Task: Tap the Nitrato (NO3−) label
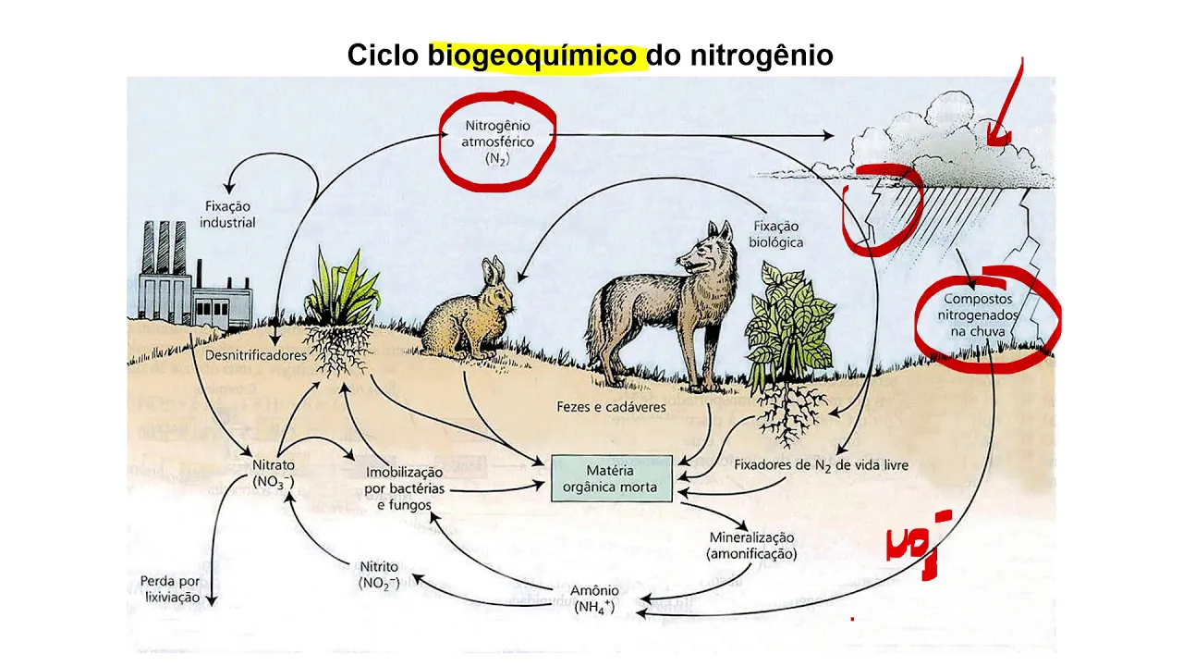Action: coord(274,472)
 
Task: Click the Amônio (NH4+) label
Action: coord(594,598)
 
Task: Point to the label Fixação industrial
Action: coord(227,214)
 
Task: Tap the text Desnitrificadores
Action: coord(255,355)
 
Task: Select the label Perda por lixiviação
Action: coord(170,589)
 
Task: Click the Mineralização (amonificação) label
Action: coord(751,545)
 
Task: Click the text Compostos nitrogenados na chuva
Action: coord(977,314)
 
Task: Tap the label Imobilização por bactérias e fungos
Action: coord(404,487)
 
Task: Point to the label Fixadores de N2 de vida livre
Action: coord(821,465)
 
